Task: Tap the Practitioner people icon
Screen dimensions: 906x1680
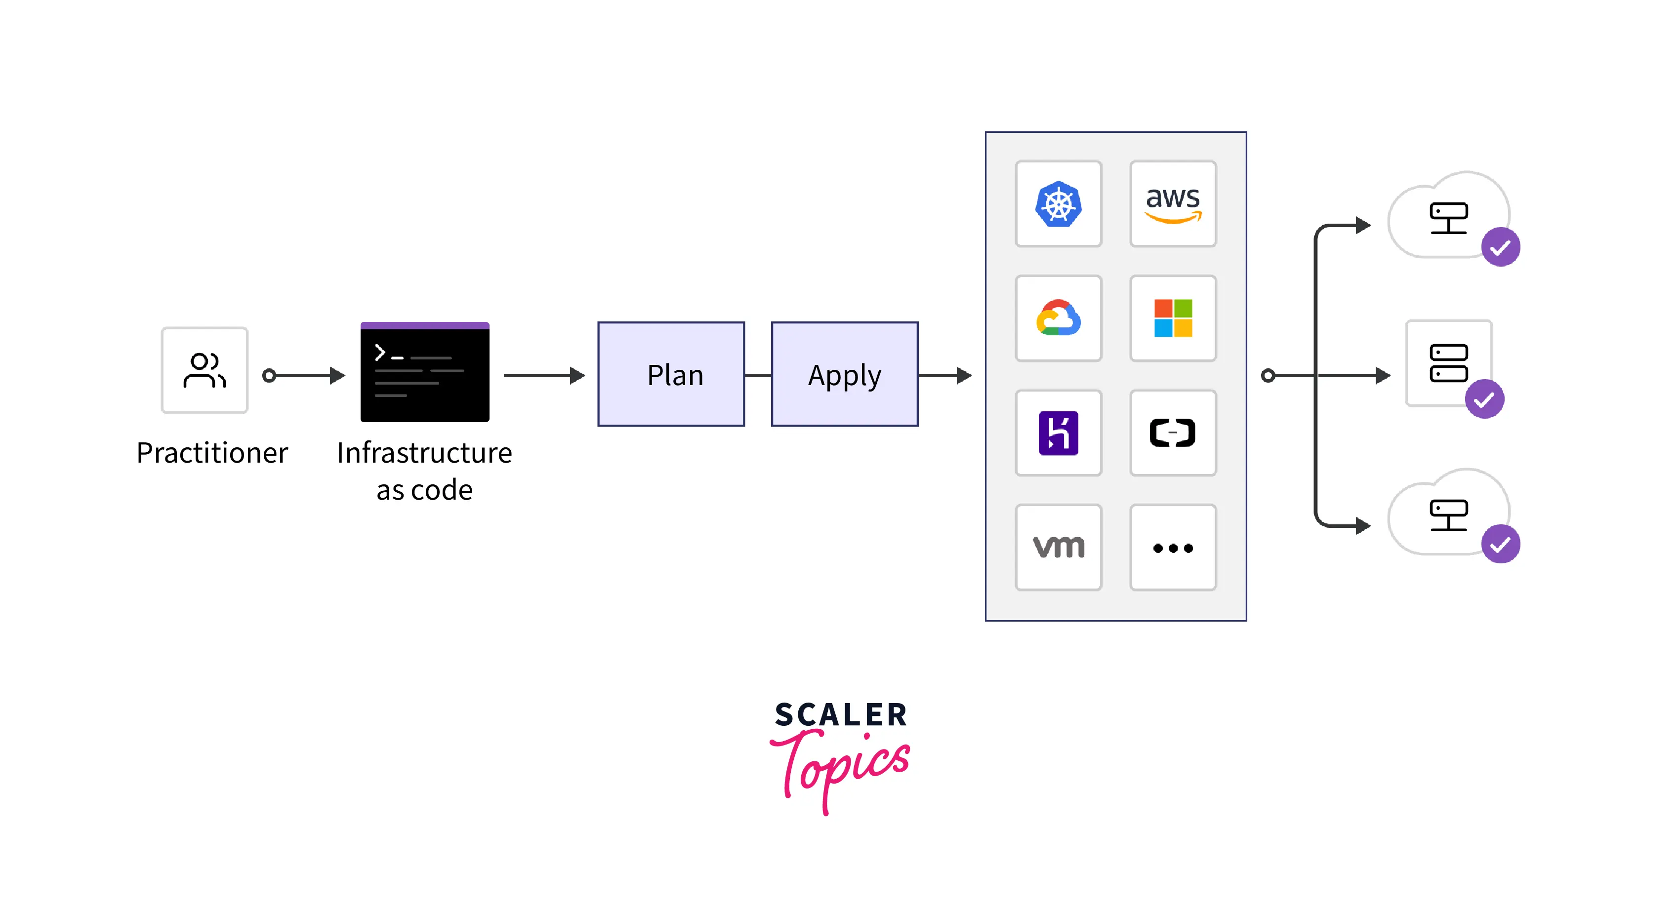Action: coord(204,370)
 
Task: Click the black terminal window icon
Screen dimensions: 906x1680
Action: coord(424,372)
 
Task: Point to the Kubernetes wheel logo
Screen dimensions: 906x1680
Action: coord(1058,204)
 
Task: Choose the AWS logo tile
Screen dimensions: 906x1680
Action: coord(1173,204)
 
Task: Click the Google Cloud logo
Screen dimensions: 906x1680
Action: coord(1058,318)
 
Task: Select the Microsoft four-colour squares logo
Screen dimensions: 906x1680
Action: coord(1173,318)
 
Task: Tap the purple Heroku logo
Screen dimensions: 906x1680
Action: coord(1058,433)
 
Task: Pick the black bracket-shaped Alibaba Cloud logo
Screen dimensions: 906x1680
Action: coord(1173,433)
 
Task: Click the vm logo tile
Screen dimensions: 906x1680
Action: coord(1058,548)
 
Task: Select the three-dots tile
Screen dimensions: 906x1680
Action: coord(1173,548)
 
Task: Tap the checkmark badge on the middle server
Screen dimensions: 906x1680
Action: coord(1484,399)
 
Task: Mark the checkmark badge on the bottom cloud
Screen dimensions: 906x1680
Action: coord(1500,544)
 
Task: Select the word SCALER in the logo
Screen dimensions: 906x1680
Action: coord(841,715)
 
